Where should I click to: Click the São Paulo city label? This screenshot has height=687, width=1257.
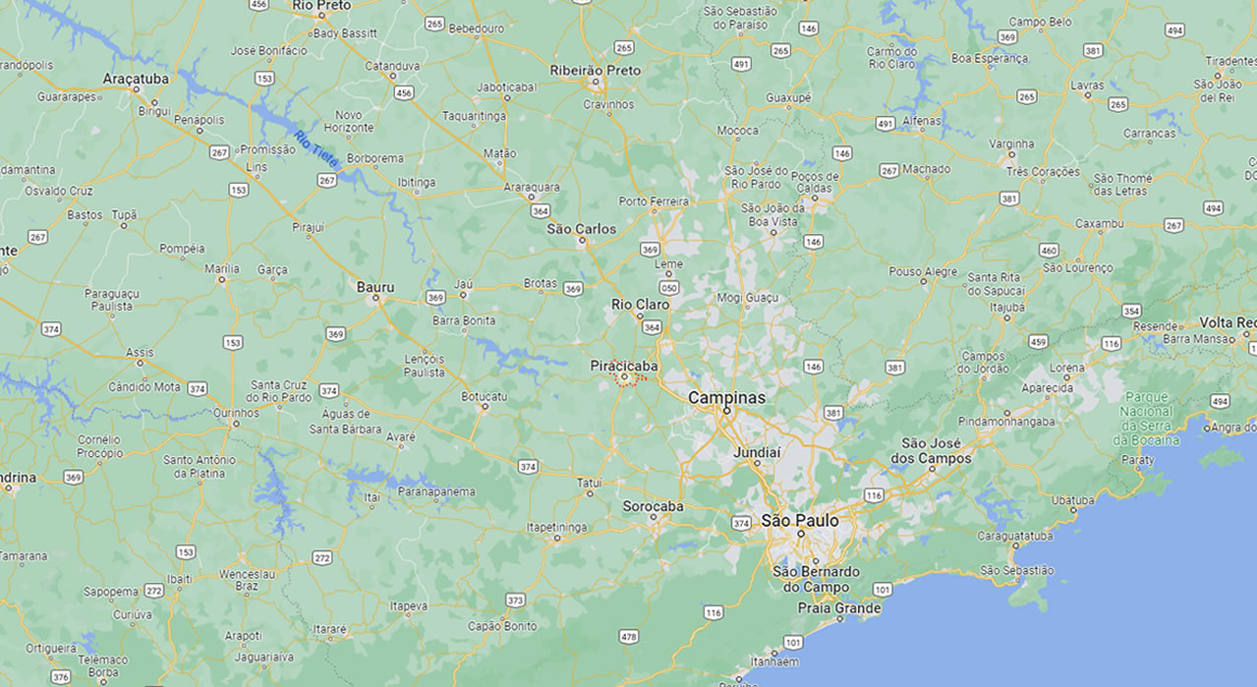pyautogui.click(x=800, y=520)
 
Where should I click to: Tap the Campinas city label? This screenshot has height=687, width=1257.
pyautogui.click(x=726, y=398)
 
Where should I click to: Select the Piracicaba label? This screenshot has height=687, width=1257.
pyautogui.click(x=624, y=366)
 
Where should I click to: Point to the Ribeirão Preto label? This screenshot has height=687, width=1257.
pyautogui.click(x=595, y=71)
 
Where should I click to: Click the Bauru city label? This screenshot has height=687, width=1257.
pyautogui.click(x=375, y=287)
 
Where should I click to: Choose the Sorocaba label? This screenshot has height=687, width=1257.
pyautogui.click(x=653, y=507)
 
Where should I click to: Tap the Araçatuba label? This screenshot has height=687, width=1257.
pyautogui.click(x=136, y=78)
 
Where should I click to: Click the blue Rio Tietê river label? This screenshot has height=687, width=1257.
pyautogui.click(x=316, y=147)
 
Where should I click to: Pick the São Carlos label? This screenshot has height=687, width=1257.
pyautogui.click(x=582, y=229)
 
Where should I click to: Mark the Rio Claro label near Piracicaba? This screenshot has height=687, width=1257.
pyautogui.click(x=640, y=305)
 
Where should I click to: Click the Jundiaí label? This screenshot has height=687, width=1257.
pyautogui.click(x=757, y=453)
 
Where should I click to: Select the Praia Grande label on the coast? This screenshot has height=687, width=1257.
pyautogui.click(x=838, y=608)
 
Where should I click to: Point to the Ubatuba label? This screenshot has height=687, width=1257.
pyautogui.click(x=1072, y=500)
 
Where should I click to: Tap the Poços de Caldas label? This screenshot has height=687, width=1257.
pyautogui.click(x=815, y=183)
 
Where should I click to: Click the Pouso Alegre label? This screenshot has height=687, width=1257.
pyautogui.click(x=923, y=272)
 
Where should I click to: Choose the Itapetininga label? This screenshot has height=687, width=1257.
pyautogui.click(x=557, y=528)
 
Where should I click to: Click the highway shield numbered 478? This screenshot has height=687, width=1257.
pyautogui.click(x=629, y=637)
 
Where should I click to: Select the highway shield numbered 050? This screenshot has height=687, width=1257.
pyautogui.click(x=669, y=288)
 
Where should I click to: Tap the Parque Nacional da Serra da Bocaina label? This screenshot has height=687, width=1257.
pyautogui.click(x=1146, y=419)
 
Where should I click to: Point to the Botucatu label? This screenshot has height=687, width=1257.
pyautogui.click(x=484, y=397)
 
